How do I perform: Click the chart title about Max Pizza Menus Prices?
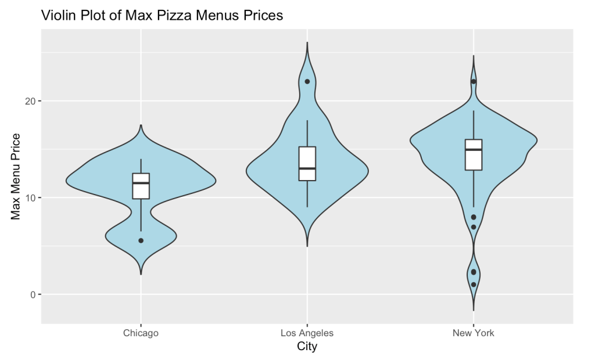(162, 16)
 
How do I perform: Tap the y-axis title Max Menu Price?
(16, 177)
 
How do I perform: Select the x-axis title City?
(307, 347)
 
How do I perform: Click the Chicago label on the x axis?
(141, 333)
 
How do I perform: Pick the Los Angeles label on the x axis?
(307, 333)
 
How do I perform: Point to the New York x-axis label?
(474, 333)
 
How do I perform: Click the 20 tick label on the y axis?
(28, 101)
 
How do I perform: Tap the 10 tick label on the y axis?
(28, 198)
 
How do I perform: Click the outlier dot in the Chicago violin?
(141, 240)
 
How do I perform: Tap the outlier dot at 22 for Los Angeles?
(307, 81)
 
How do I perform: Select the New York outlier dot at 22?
(474, 81)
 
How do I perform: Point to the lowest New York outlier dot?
(474, 285)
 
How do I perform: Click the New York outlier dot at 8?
(474, 217)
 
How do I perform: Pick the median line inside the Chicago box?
(141, 183)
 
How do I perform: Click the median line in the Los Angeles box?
(307, 168)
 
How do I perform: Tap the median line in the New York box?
(474, 150)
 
